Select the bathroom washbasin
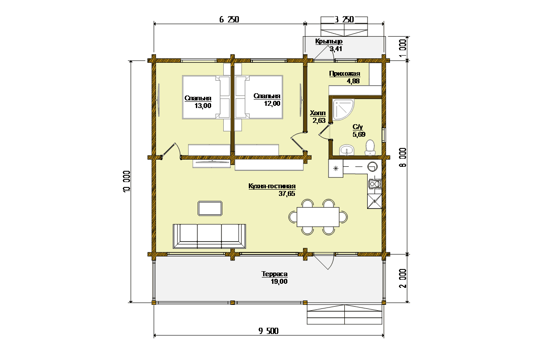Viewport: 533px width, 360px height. click(x=347, y=150)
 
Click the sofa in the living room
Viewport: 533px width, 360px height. click(x=209, y=236)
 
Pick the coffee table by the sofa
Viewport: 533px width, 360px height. click(x=210, y=208)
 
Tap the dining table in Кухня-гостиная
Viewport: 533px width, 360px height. click(x=318, y=217)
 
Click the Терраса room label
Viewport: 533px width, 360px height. click(x=274, y=274)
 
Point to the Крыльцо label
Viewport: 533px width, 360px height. click(x=329, y=42)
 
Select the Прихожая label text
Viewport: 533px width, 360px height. click(x=344, y=74)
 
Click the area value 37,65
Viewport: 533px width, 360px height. click(x=286, y=194)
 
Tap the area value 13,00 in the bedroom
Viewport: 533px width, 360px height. click(x=203, y=106)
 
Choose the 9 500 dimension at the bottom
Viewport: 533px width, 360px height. click(x=269, y=331)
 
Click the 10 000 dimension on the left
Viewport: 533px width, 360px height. click(x=126, y=182)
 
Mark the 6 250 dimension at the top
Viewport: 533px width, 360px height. click(x=229, y=19)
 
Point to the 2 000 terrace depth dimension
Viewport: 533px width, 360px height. click(x=403, y=278)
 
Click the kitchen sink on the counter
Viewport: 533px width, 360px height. click(x=373, y=167)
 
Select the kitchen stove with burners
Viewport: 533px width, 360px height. click(x=375, y=184)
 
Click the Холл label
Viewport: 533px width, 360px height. click(x=318, y=113)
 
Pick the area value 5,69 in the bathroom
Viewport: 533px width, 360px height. click(x=359, y=134)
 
